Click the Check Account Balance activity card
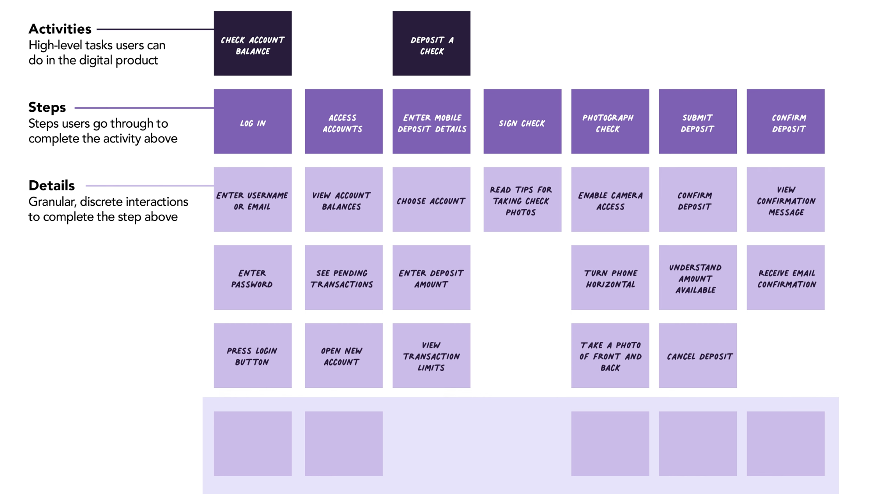click(253, 43)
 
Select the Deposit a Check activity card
click(431, 43)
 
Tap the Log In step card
click(253, 122)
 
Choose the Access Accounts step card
click(343, 122)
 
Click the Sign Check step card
click(522, 122)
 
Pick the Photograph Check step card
click(610, 122)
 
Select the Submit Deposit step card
click(698, 122)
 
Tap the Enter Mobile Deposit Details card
click(431, 122)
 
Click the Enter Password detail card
click(253, 278)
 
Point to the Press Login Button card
click(253, 356)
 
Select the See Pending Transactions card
click(343, 278)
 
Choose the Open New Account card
click(343, 356)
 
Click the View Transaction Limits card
click(431, 356)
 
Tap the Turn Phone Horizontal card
click(610, 278)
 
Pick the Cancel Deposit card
click(698, 356)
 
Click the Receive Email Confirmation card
click(786, 278)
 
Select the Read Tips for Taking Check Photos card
click(522, 200)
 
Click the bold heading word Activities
click(60, 29)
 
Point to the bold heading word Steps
click(47, 107)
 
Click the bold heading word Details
click(51, 185)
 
